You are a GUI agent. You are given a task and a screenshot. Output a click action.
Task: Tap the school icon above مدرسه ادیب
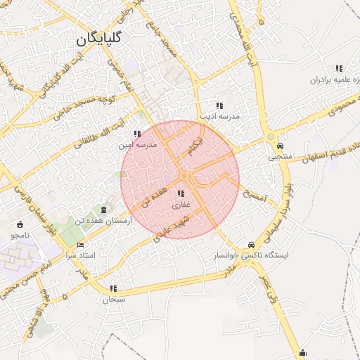pyautogui.click(x=219, y=105)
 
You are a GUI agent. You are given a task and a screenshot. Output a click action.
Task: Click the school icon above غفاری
pyautogui.click(x=181, y=193)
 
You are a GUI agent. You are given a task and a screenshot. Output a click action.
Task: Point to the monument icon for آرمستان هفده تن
pyautogui.click(x=105, y=210)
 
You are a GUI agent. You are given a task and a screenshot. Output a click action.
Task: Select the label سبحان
pyautogui.click(x=112, y=300)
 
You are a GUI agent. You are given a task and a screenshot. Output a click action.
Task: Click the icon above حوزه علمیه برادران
pyautogui.click(x=339, y=69)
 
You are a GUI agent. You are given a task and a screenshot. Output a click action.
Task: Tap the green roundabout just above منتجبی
pyautogui.click(x=271, y=136)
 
